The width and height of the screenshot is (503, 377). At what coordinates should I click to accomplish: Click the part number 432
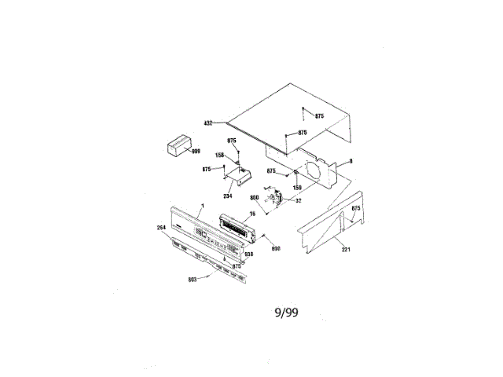click(x=208, y=123)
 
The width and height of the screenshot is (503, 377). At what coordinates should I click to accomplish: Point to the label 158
click(x=220, y=156)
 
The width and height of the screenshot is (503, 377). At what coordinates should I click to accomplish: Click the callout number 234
click(x=228, y=196)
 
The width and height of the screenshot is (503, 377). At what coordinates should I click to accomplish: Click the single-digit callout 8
click(x=351, y=162)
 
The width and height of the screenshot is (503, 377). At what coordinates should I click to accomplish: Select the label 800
click(x=254, y=197)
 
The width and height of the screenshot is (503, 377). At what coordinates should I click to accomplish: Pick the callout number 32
click(x=298, y=201)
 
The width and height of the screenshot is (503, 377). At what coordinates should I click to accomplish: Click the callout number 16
click(x=253, y=213)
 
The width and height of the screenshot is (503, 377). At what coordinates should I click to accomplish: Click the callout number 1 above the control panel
click(x=201, y=206)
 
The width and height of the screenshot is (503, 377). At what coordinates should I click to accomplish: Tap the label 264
click(x=162, y=229)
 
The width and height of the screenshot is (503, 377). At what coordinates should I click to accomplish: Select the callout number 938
click(x=248, y=255)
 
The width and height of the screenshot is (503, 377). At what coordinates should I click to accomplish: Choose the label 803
click(x=192, y=279)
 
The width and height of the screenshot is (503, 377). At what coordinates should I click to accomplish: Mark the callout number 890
click(x=276, y=249)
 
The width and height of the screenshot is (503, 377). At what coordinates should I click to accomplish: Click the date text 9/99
click(x=285, y=313)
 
